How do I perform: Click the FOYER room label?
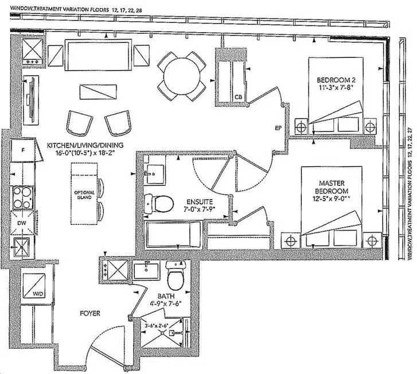(90, 313)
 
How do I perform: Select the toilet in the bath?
(176, 278)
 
